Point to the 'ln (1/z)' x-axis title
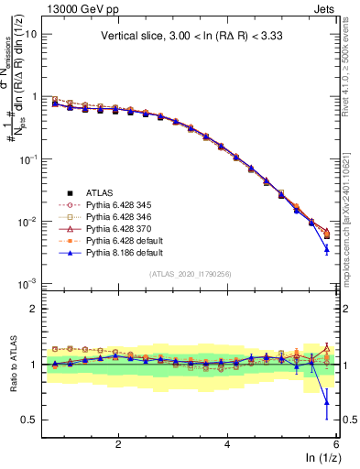[322, 458]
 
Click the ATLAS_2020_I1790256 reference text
[191, 275]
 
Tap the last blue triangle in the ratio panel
[327, 402]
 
